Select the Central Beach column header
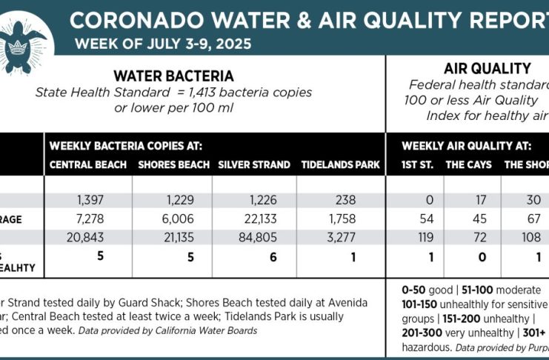coord(88,164)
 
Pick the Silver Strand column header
coord(251,164)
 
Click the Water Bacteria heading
coord(173,76)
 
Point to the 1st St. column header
coord(417,164)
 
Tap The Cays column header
coord(468,164)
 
